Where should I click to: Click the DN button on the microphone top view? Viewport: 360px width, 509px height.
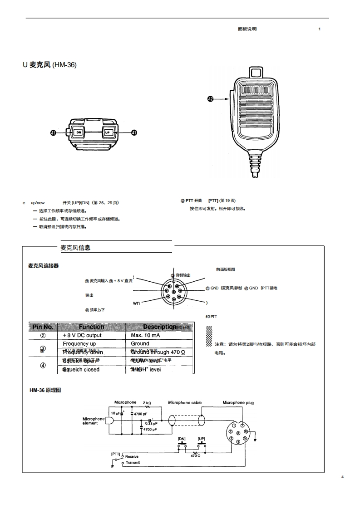(79, 132)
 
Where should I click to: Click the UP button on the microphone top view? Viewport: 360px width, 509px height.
(108, 132)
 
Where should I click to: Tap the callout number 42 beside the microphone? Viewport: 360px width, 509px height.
(210, 98)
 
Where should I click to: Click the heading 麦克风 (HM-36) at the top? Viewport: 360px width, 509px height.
(50, 65)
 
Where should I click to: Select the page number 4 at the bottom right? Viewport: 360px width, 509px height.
(343, 477)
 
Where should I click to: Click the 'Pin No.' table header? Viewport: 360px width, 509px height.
(43, 327)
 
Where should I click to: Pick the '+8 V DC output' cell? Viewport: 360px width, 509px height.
(82, 335)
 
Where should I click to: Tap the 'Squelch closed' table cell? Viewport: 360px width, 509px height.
(81, 369)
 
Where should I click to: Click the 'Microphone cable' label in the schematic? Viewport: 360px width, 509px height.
(185, 402)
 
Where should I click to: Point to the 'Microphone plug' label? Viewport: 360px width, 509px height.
(238, 402)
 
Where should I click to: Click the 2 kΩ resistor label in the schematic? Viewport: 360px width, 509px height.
(147, 402)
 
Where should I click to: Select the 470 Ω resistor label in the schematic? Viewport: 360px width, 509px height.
(196, 455)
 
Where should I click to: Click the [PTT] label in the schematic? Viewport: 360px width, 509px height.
(115, 453)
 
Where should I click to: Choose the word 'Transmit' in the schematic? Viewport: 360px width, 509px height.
(133, 463)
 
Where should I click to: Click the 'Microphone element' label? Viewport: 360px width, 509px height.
(93, 421)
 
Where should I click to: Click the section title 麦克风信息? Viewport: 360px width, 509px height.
(75, 248)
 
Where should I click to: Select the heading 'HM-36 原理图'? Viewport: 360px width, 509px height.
(45, 390)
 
